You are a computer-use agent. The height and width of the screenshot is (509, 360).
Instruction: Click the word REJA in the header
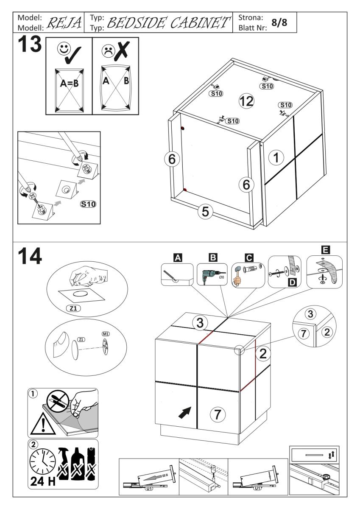pos(62,22)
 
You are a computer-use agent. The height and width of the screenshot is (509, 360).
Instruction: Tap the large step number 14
pos(30,255)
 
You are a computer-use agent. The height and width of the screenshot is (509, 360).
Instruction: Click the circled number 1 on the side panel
pos(276,158)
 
